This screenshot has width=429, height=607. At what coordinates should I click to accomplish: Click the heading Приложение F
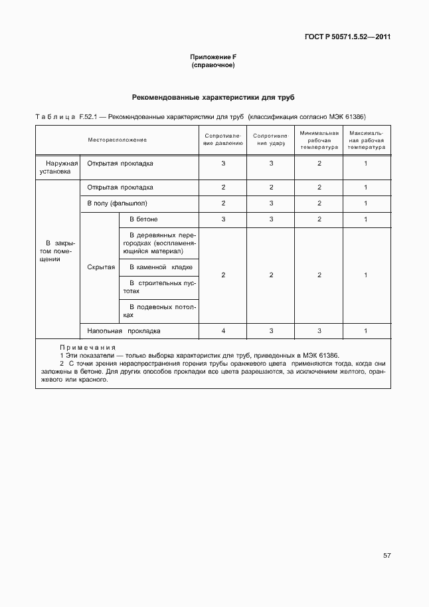click(x=213, y=58)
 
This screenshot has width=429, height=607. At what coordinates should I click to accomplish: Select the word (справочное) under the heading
click(x=213, y=66)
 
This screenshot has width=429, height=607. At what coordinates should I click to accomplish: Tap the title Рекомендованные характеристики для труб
click(x=213, y=97)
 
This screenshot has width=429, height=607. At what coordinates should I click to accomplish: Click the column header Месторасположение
click(x=117, y=140)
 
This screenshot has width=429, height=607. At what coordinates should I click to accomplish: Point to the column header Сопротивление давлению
click(x=223, y=140)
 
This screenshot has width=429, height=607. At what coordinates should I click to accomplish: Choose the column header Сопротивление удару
click(x=271, y=140)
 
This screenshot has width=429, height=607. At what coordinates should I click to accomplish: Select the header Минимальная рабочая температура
click(x=319, y=140)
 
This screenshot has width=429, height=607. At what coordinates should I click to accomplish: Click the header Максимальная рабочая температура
click(x=366, y=140)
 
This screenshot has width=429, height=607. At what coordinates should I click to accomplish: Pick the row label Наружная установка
click(x=57, y=167)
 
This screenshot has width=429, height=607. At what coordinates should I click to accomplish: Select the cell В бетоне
click(x=143, y=219)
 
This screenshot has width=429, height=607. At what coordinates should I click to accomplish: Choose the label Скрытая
click(x=101, y=267)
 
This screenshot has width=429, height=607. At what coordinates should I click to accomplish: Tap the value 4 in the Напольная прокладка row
click(x=223, y=330)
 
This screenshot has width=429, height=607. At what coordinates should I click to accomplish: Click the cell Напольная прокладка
click(x=124, y=330)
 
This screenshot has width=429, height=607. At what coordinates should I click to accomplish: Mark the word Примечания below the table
click(x=87, y=347)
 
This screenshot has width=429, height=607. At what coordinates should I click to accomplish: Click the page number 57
click(x=386, y=554)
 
